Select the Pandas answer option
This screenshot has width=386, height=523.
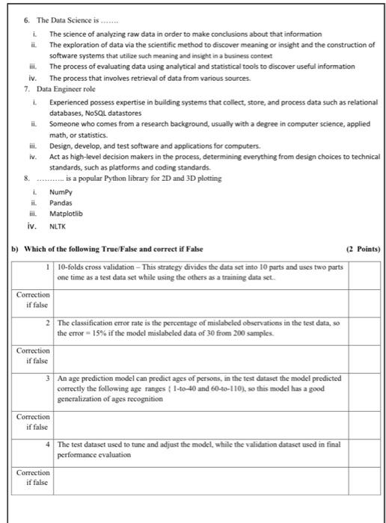(61, 202)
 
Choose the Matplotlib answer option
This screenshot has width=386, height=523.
(66, 213)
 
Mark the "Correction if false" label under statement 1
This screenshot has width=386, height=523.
(31, 300)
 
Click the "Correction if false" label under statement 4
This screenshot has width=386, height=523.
(31, 477)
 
